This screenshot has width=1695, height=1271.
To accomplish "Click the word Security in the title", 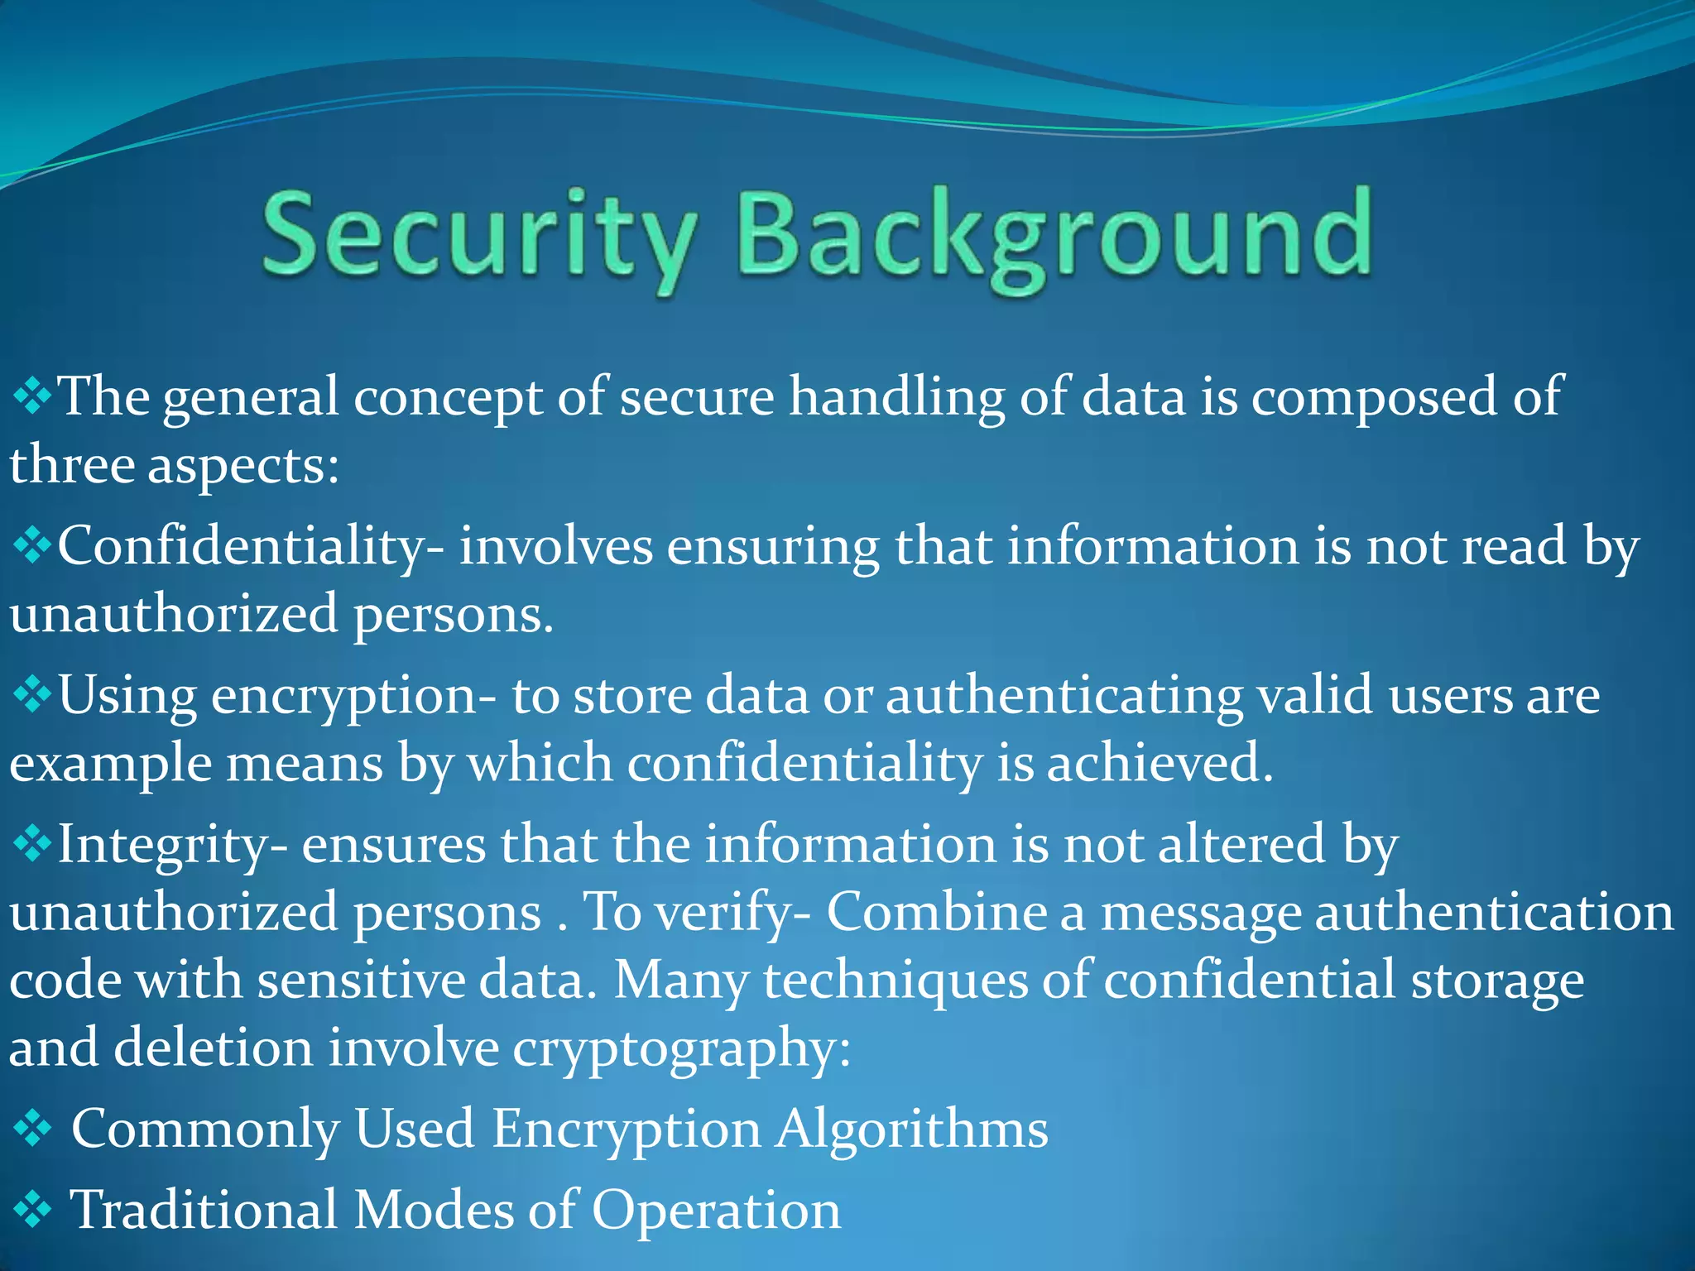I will [478, 236].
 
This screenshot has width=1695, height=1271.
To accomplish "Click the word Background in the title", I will [1054, 236].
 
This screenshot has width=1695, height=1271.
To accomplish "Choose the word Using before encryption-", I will [127, 696].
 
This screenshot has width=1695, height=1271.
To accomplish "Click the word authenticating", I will [1064, 696].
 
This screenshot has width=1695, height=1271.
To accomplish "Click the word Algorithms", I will [911, 1130].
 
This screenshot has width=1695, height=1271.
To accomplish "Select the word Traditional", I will [204, 1211].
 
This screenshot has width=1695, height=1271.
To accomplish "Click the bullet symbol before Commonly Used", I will [33, 1130].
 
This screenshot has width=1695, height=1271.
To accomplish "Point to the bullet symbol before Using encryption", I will [33, 696].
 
